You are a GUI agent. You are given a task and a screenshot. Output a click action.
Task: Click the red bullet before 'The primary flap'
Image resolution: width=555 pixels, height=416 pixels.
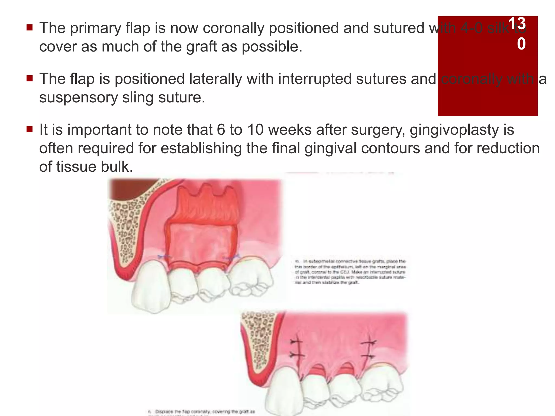30,27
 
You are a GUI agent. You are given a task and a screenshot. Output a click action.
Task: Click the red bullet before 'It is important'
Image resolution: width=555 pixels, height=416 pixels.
30,129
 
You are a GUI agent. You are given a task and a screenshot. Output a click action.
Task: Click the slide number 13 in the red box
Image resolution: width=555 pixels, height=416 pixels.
517,24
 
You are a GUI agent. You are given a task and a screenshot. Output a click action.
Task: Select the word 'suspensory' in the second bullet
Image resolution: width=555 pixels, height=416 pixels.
78,97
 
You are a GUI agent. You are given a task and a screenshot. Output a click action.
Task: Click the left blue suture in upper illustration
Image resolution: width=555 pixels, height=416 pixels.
164,256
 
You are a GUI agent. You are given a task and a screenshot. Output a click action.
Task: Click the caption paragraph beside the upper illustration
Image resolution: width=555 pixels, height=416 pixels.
350,272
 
